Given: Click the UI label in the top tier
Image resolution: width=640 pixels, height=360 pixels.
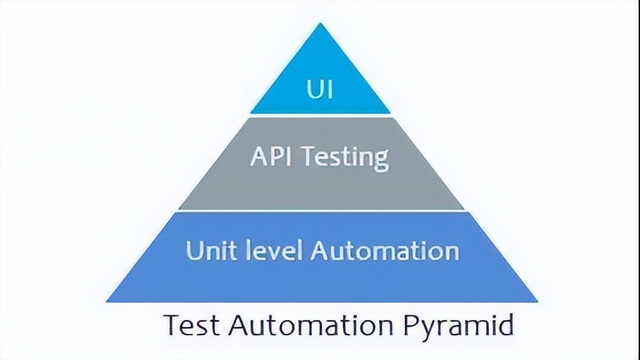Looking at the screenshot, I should pos(320,89).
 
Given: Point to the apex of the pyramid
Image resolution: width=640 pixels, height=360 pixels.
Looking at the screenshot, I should pos(320,25).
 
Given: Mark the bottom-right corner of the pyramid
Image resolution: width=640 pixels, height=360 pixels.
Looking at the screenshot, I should pos(536,301).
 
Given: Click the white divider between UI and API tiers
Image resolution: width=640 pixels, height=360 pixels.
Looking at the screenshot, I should pos(320,115).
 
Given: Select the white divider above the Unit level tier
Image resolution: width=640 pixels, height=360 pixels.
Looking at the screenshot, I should pos(320,211).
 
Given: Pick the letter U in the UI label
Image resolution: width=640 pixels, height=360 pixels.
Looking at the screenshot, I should pos(315,89).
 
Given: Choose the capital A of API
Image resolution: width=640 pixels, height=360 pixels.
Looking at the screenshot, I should pos(259,157).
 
